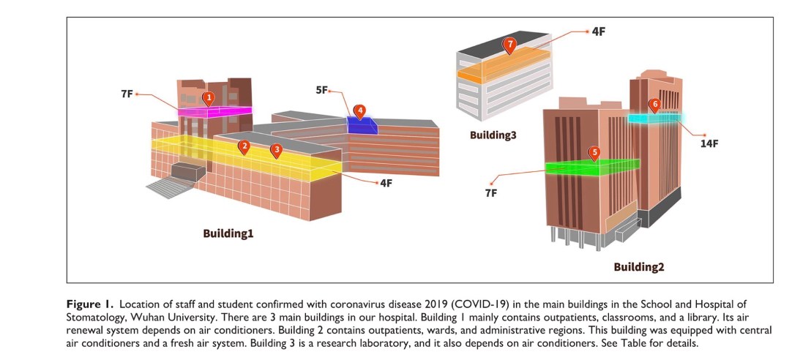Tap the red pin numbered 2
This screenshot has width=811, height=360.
(x=244, y=146)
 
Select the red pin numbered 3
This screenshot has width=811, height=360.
(x=276, y=150)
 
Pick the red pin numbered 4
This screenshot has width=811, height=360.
(x=359, y=110)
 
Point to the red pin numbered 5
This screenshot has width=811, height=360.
(x=594, y=153)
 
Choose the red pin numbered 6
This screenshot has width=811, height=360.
(x=654, y=105)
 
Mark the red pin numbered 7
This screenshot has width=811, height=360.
(x=510, y=45)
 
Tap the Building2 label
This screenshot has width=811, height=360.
(x=638, y=266)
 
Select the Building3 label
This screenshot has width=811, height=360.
(x=495, y=135)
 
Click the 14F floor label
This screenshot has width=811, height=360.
(x=709, y=143)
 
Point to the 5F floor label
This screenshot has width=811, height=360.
(x=322, y=90)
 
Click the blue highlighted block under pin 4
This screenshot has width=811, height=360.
(x=362, y=126)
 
